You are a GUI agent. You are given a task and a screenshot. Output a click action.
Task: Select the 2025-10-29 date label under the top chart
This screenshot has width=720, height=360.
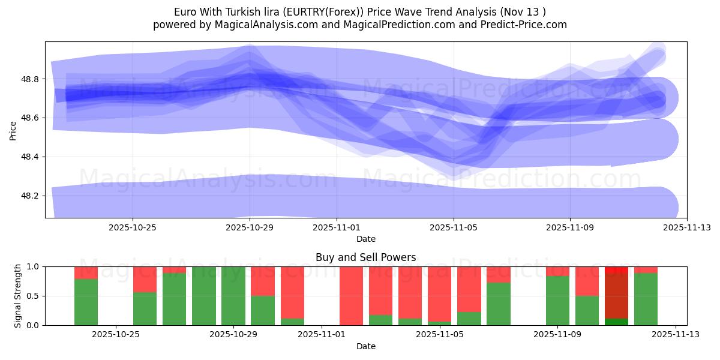(250, 227)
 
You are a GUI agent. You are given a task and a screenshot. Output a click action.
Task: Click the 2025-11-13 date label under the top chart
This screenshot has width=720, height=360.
(687, 227)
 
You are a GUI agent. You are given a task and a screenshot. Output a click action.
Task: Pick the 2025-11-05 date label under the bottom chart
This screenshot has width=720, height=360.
(440, 335)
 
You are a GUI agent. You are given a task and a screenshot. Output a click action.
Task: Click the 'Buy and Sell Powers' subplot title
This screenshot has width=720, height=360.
(365, 257)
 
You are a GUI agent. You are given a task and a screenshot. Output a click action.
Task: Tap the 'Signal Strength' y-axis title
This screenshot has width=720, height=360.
(18, 296)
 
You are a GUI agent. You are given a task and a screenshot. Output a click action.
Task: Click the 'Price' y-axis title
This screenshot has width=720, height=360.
(13, 130)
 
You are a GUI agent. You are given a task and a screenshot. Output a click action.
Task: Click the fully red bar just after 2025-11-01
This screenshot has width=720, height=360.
(351, 296)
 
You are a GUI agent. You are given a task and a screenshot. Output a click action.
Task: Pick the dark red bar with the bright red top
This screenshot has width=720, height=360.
(616, 297)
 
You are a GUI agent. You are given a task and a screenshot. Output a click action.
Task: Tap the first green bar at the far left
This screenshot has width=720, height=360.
(86, 302)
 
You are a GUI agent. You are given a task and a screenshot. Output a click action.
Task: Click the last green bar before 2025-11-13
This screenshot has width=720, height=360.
(646, 299)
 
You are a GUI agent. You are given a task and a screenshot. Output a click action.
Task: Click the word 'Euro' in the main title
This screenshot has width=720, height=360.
(185, 12)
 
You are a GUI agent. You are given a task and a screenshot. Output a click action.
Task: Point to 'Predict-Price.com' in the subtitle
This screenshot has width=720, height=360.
(525, 25)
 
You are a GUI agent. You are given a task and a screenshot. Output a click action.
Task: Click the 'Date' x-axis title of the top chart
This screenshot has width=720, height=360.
(365, 239)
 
